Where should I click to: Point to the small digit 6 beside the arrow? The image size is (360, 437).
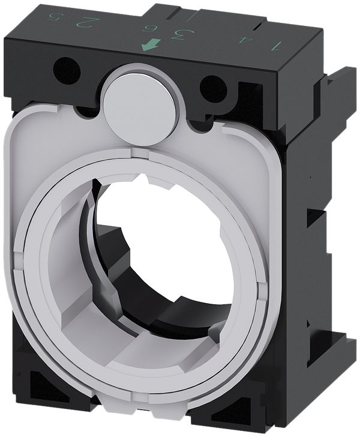[x=146, y=27]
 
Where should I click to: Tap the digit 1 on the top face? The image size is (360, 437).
[x=277, y=45]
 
